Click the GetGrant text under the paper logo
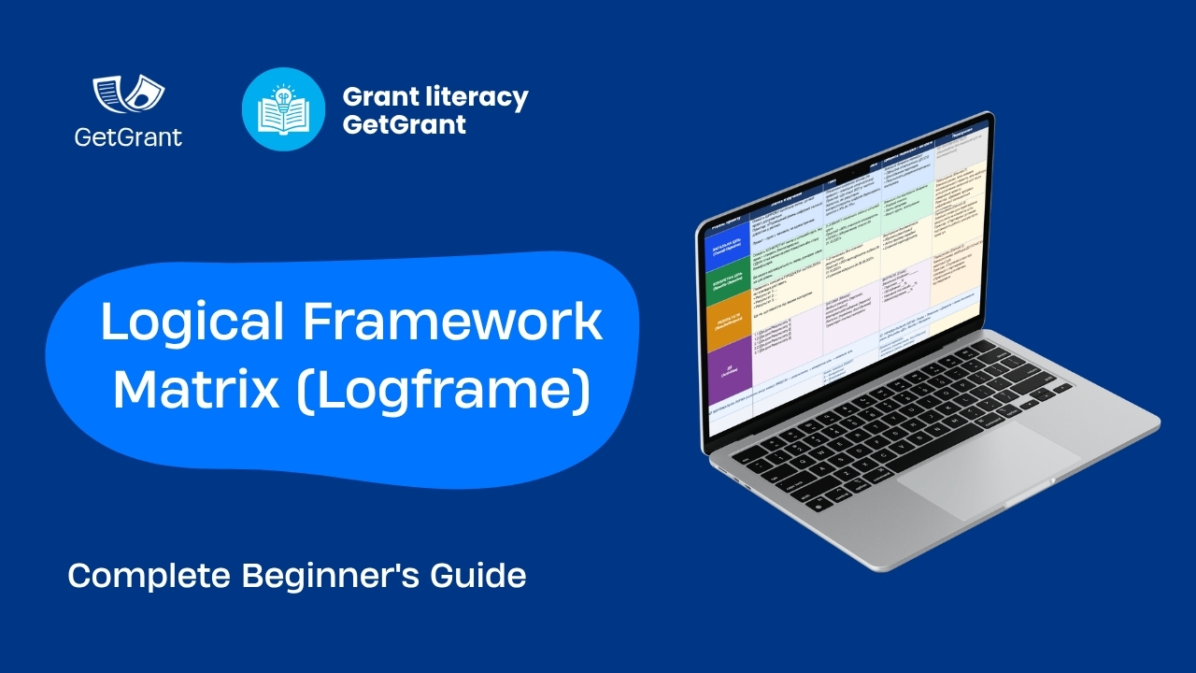tap(128, 137)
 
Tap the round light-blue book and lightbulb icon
tap(283, 109)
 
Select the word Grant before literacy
tap(378, 97)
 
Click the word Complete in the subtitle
tap(149, 576)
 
